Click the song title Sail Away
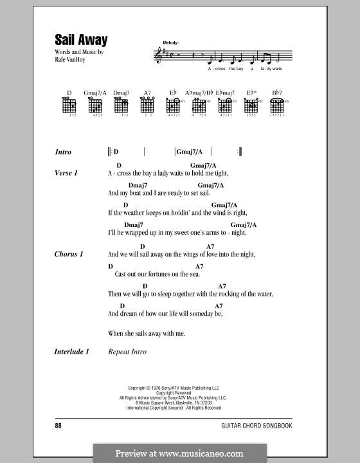pos(82,39)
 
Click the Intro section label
pos(64,152)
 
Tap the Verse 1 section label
pos(66,173)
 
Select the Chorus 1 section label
pos(69,254)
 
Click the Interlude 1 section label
pos(72,352)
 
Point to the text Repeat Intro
pos(127,352)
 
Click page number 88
pos(60,426)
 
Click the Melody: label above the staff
pos(172,42)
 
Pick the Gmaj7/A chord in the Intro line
pos(190,152)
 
